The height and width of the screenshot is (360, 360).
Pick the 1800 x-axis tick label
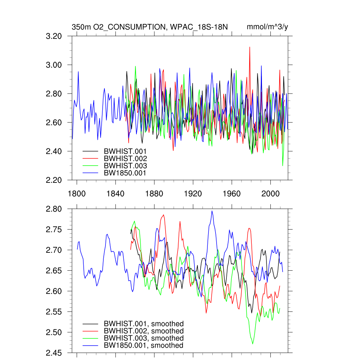(77, 194)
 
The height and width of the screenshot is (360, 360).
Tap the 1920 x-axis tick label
(193, 194)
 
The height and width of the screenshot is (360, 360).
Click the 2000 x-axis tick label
(271, 194)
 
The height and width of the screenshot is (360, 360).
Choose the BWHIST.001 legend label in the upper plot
(125, 151)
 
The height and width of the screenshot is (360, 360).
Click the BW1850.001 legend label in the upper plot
(125, 173)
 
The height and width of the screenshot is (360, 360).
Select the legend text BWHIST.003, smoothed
(143, 338)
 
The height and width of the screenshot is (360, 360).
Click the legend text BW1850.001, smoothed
(143, 346)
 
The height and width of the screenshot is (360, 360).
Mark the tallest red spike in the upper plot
(250, 47)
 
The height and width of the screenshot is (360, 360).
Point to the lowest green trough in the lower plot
(252, 343)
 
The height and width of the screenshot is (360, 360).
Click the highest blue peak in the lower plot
(212, 211)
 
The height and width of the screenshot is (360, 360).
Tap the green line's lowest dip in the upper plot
(283, 165)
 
